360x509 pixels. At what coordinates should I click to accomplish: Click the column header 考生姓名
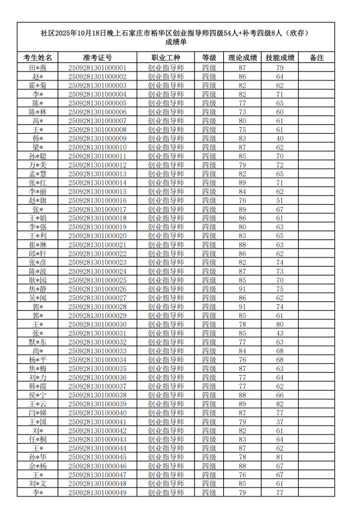(x=37, y=58)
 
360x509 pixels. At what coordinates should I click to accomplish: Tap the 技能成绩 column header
(x=280, y=58)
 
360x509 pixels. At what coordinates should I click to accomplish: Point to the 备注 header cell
(x=316, y=58)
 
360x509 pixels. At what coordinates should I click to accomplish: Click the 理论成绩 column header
(x=242, y=58)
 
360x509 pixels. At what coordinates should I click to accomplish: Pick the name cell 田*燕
(x=37, y=68)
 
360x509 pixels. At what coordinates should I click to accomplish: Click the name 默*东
(x=37, y=342)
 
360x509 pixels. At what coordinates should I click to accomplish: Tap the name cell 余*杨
(x=37, y=466)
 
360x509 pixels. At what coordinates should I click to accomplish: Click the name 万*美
(x=37, y=165)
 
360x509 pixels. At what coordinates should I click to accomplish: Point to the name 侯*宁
(x=37, y=396)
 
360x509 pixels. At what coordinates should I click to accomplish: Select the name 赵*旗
(x=37, y=200)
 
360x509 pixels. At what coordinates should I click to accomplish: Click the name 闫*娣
(x=37, y=413)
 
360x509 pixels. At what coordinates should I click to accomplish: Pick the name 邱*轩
(x=37, y=254)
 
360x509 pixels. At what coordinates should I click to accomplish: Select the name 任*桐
(x=37, y=439)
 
